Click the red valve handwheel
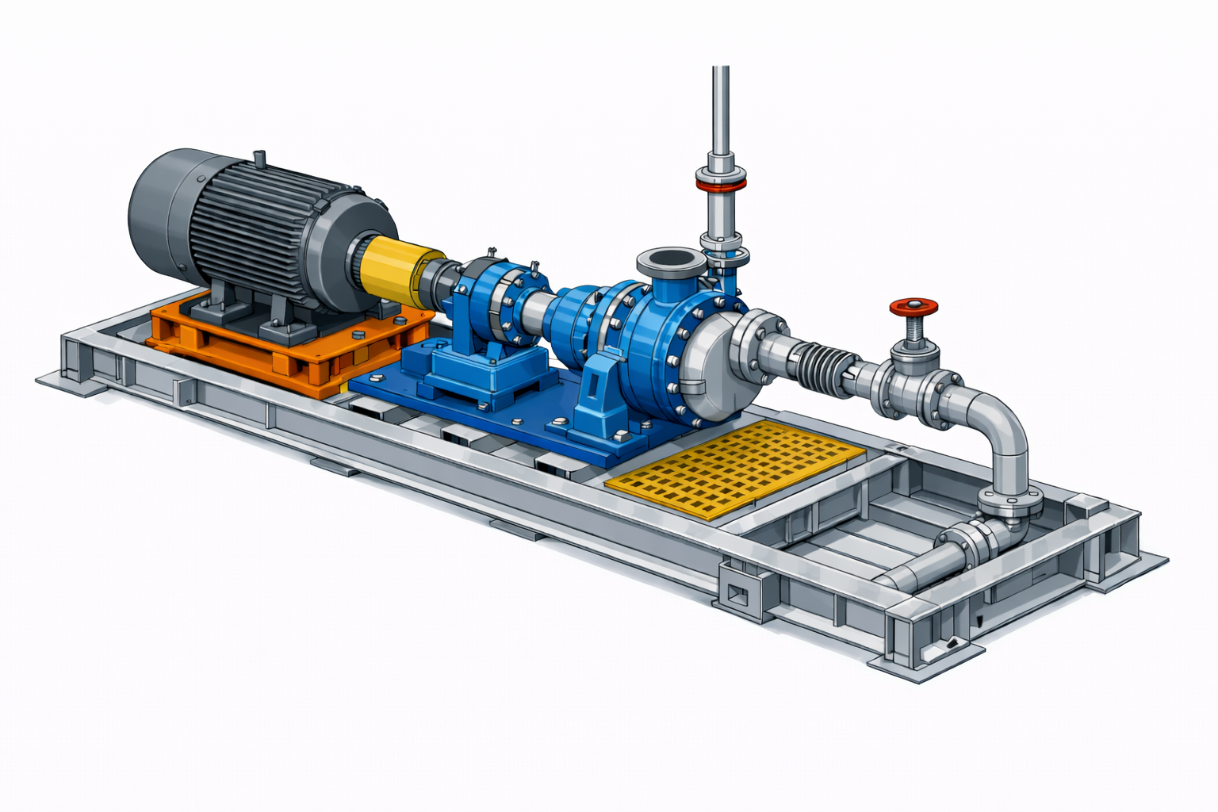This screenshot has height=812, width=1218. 913,306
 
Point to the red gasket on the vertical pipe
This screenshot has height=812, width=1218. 721,185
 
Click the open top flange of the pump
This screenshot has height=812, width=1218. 671,260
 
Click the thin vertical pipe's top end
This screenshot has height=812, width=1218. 720,71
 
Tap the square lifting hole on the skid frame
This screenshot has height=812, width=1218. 737,592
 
